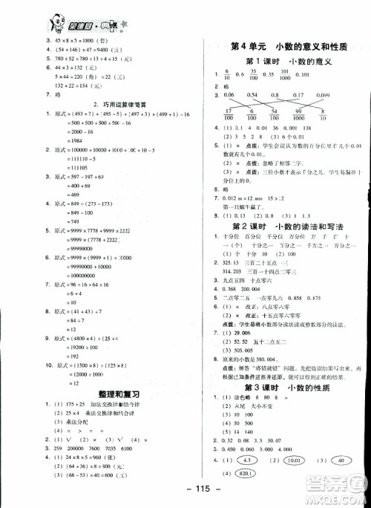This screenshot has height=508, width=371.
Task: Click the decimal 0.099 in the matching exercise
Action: click(324, 95)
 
